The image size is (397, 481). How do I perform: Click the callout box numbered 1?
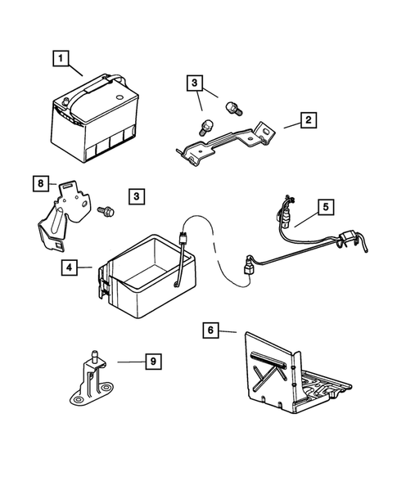(x=61, y=58)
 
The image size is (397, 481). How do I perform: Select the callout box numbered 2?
(x=308, y=120)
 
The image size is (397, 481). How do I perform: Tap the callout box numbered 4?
(x=69, y=267)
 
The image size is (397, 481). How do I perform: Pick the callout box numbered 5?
(x=326, y=208)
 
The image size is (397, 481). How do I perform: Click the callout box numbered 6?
(x=210, y=330)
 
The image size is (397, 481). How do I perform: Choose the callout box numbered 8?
(x=41, y=183)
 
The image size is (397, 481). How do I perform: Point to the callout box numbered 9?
(x=153, y=362)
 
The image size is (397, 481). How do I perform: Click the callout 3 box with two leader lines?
(x=195, y=82)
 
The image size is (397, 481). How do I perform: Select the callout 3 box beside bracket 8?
(x=137, y=196)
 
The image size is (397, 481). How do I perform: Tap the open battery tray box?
(x=147, y=276)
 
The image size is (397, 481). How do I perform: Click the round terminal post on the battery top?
(x=65, y=101)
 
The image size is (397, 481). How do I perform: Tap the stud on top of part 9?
(x=95, y=356)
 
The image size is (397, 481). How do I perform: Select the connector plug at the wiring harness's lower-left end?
(x=248, y=267)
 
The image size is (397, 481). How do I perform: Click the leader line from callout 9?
(x=131, y=362)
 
